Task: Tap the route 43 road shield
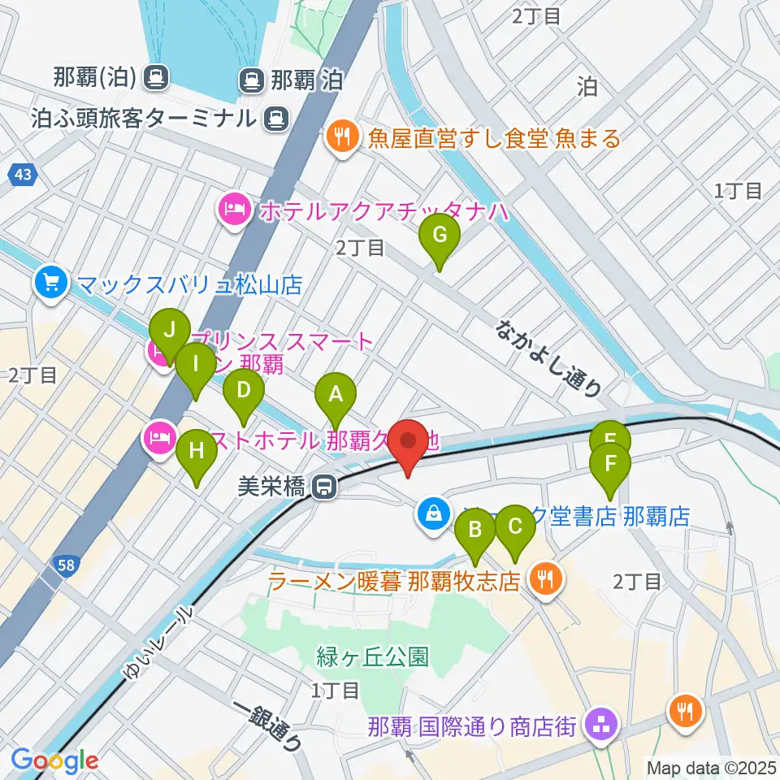click(x=22, y=174)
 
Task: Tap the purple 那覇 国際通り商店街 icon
click(x=601, y=722)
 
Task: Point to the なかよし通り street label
click(x=549, y=357)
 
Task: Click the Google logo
click(x=55, y=760)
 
